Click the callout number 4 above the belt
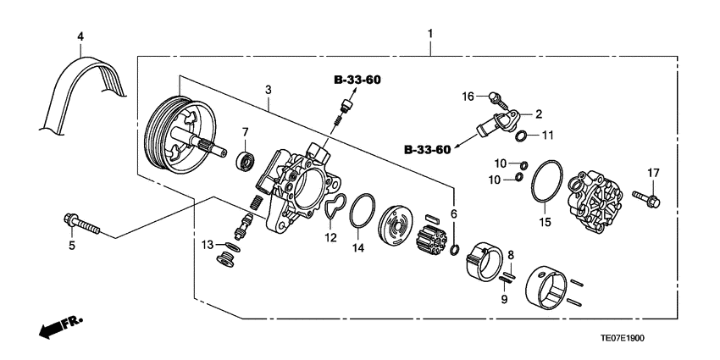click(x=80, y=36)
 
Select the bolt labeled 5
click(x=81, y=225)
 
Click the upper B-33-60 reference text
click(x=357, y=80)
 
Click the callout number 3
click(x=268, y=89)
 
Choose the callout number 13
click(x=208, y=245)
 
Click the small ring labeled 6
click(x=455, y=249)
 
